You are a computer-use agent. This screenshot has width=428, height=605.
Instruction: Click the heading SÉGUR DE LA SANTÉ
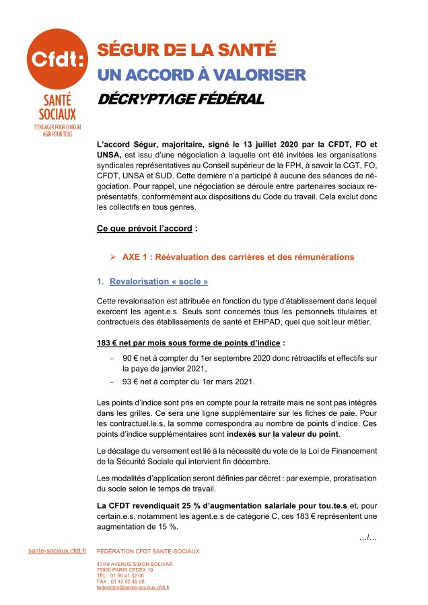click(x=186, y=50)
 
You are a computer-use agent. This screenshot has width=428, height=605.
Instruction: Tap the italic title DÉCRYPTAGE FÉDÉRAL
click(x=180, y=99)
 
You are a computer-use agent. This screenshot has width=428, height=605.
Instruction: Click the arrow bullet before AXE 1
click(x=114, y=257)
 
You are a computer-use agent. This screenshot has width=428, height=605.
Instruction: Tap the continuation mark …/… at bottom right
click(x=367, y=536)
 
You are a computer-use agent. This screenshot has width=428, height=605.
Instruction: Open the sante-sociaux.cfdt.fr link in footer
click(x=57, y=550)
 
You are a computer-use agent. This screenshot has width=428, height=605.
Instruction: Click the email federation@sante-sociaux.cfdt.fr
click(x=133, y=587)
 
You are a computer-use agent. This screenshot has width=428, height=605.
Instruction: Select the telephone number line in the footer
click(x=120, y=575)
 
